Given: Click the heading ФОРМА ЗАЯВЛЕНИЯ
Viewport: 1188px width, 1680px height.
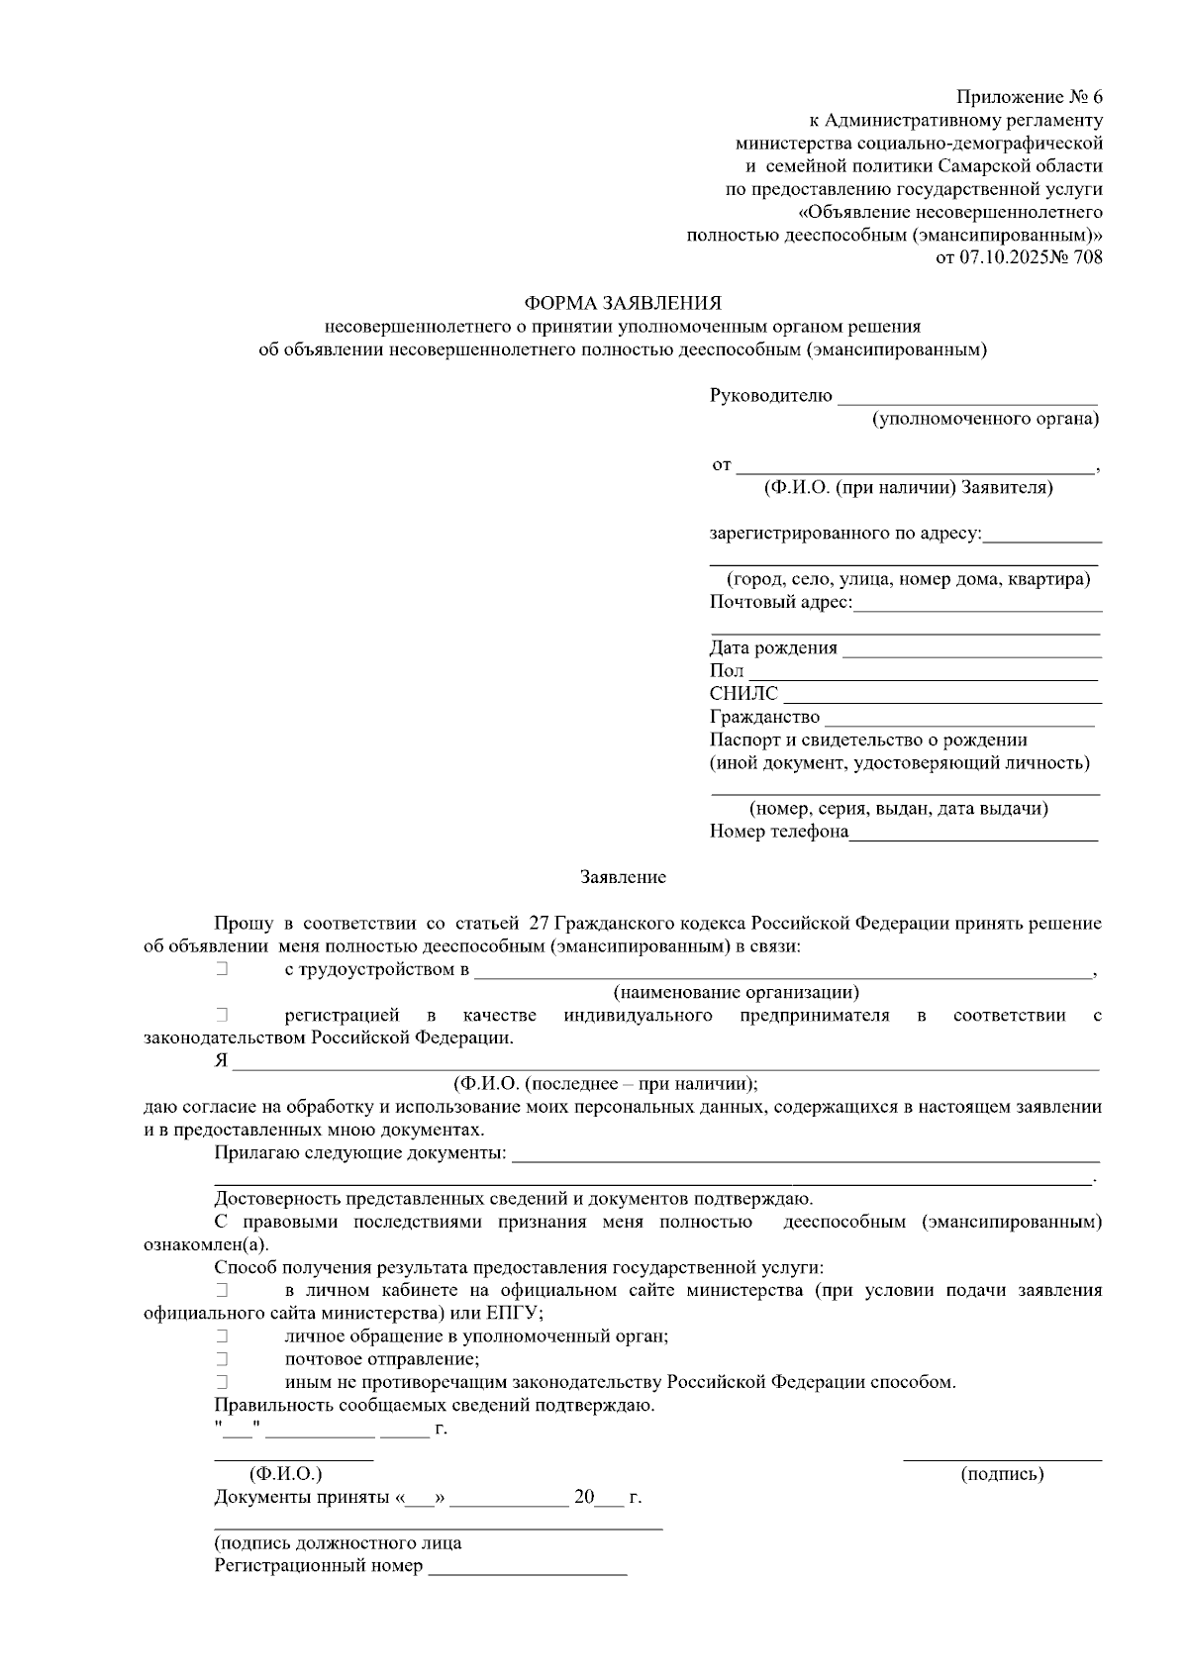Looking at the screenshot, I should coord(623,303).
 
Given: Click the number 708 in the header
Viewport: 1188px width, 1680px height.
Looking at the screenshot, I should coord(1086,258).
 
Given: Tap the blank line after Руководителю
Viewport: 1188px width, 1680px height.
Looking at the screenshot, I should coord(967,398).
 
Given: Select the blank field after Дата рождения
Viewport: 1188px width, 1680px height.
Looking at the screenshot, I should coord(972,649).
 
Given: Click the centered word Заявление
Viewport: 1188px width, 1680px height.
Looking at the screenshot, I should coord(623,878).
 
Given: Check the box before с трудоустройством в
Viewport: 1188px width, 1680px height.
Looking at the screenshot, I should coord(222,969).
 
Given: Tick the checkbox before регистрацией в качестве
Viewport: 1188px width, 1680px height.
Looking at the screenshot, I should coord(222,1016).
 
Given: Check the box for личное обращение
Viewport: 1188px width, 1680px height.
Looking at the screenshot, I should coord(222,1336).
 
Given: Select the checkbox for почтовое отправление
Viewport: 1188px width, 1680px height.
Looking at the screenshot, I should coord(222,1359).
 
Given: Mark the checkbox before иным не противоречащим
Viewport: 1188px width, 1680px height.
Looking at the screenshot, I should coord(222,1382).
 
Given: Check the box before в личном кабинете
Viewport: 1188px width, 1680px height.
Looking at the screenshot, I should coord(222,1290).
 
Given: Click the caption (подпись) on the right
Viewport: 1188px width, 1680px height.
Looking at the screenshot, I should coord(1002,1474).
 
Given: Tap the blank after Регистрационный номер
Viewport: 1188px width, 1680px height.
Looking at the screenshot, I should coord(528,1567).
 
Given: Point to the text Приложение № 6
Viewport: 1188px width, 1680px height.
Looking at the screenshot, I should coord(1029,98).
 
